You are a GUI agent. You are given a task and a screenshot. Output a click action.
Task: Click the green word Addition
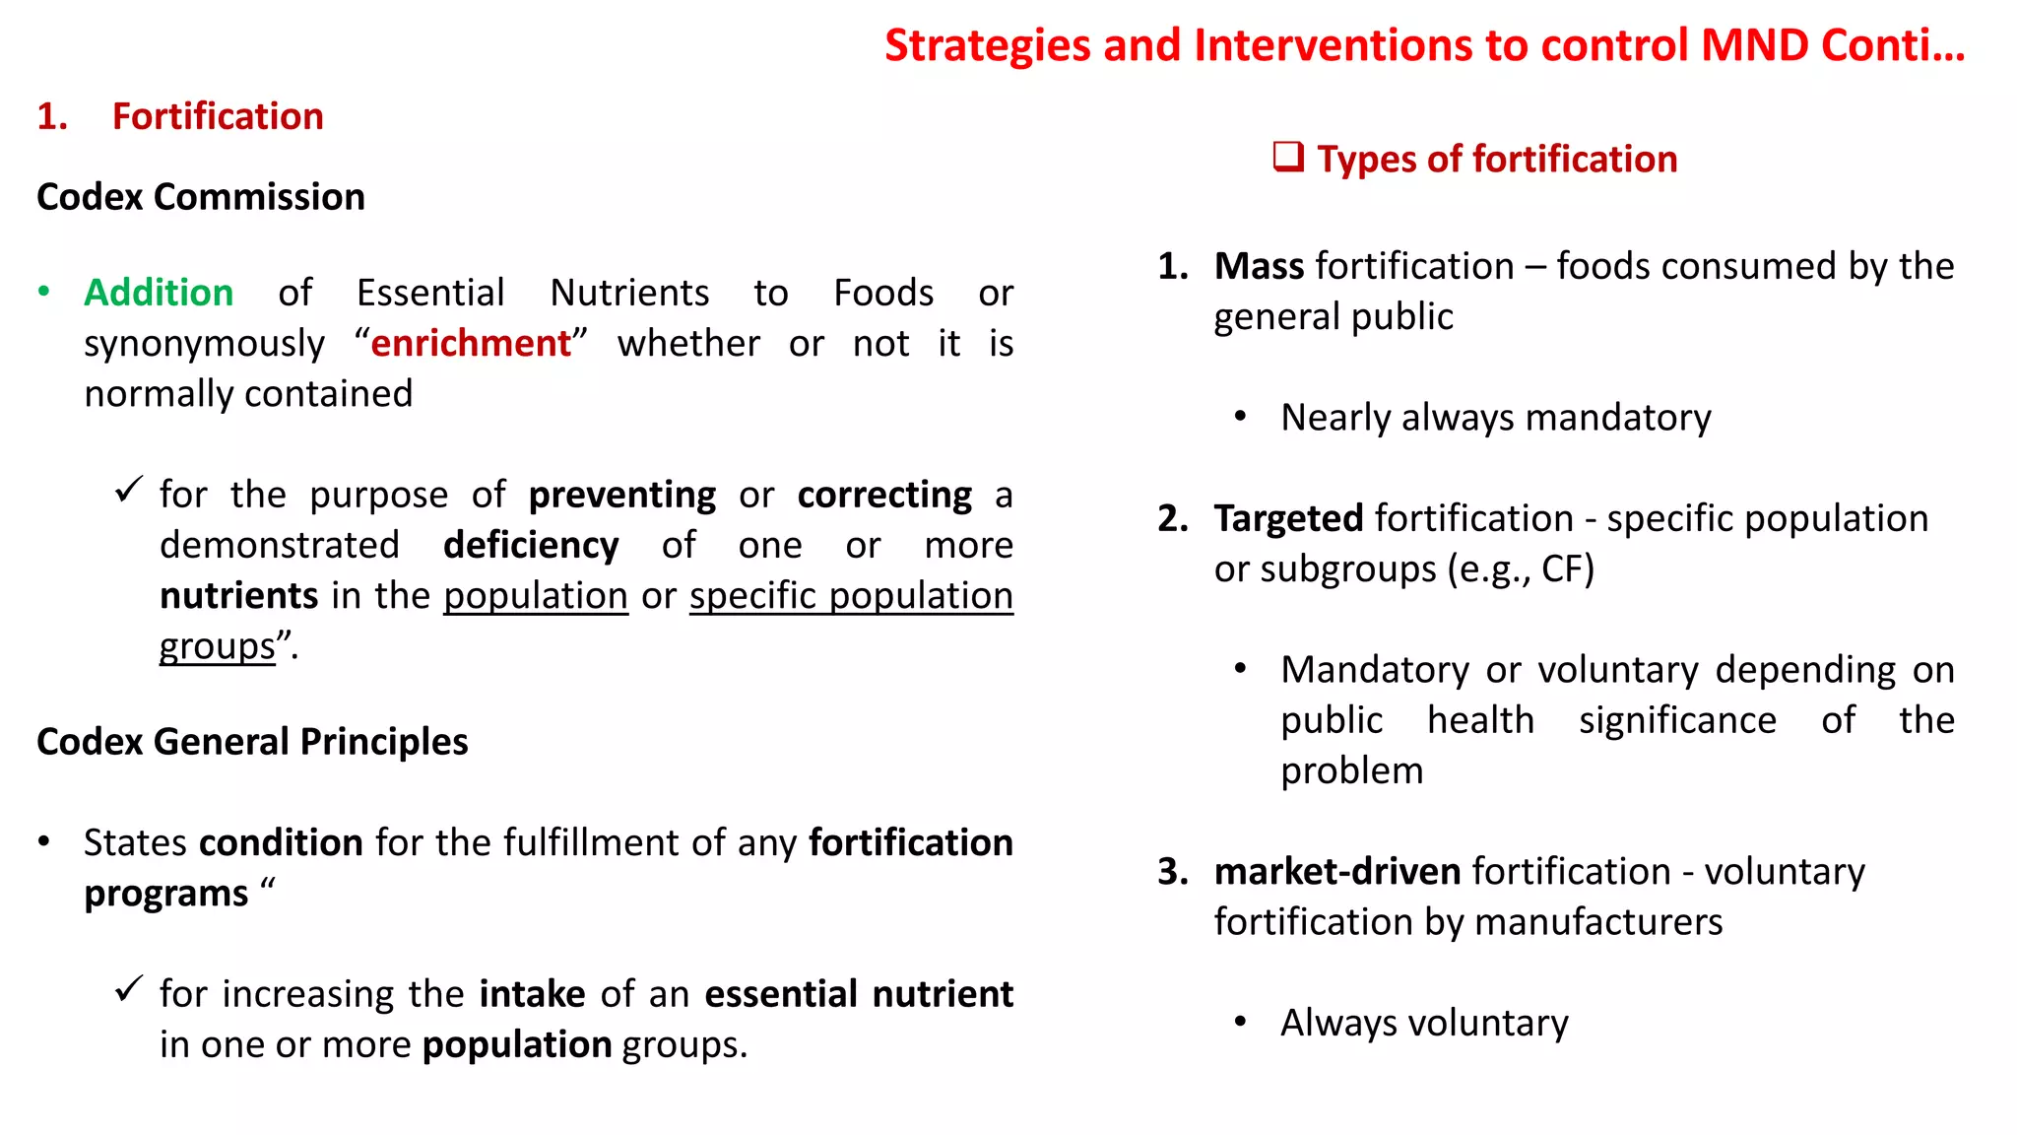pos(159,293)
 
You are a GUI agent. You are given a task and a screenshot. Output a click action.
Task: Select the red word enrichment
pos(471,343)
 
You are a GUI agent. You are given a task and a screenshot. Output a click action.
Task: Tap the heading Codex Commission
pos(201,197)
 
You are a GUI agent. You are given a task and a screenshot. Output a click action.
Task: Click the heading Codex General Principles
pos(252,742)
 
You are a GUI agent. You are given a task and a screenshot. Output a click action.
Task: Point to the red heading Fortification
pos(218,116)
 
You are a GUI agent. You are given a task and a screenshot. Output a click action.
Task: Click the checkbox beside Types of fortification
pos(1288,158)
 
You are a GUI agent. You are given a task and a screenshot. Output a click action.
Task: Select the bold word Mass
pos(1259,266)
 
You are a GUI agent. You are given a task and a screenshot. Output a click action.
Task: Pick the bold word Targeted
pos(1288,518)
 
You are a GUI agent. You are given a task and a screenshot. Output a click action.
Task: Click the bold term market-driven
pos(1336,871)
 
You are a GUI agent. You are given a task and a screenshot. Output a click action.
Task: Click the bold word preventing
pos(621,495)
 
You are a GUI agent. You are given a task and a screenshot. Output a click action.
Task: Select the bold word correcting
pos(884,495)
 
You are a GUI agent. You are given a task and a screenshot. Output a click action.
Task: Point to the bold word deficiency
pos(531,545)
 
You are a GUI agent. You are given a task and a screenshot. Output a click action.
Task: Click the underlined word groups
pos(218,646)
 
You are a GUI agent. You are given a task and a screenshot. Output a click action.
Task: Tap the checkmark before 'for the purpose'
pos(129,490)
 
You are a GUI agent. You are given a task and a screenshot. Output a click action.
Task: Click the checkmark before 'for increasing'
pos(129,989)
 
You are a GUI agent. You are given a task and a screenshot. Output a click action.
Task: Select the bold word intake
pos(532,994)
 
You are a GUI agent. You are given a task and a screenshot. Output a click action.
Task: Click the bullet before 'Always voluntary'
pos(1241,1023)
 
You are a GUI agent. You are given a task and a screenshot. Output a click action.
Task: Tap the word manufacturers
pos(1598,922)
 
